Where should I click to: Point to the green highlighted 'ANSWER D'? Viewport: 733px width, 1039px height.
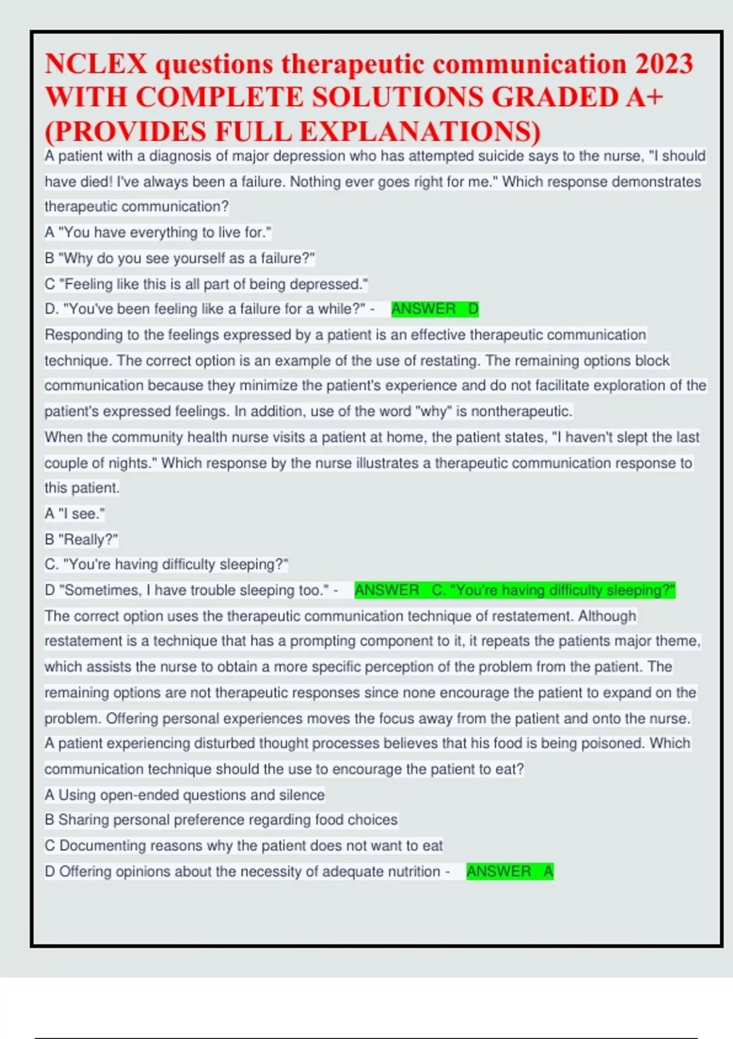pyautogui.click(x=434, y=309)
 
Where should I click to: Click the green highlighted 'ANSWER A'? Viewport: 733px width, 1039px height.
pyautogui.click(x=509, y=872)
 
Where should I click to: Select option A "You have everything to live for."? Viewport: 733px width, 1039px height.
pyautogui.click(x=158, y=233)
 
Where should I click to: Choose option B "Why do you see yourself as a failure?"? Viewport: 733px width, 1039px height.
pyautogui.click(x=180, y=259)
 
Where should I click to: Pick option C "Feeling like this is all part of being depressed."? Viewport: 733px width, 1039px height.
pyautogui.click(x=206, y=284)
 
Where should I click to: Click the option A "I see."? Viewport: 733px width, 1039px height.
pyautogui.click(x=75, y=514)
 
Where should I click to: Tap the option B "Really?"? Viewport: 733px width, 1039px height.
pyautogui.click(x=81, y=540)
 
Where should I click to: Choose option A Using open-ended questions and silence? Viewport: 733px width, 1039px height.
pyautogui.click(x=184, y=795)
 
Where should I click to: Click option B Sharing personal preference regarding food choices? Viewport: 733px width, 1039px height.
pyautogui.click(x=221, y=820)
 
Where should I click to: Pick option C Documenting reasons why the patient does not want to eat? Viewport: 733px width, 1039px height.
pyautogui.click(x=243, y=846)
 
